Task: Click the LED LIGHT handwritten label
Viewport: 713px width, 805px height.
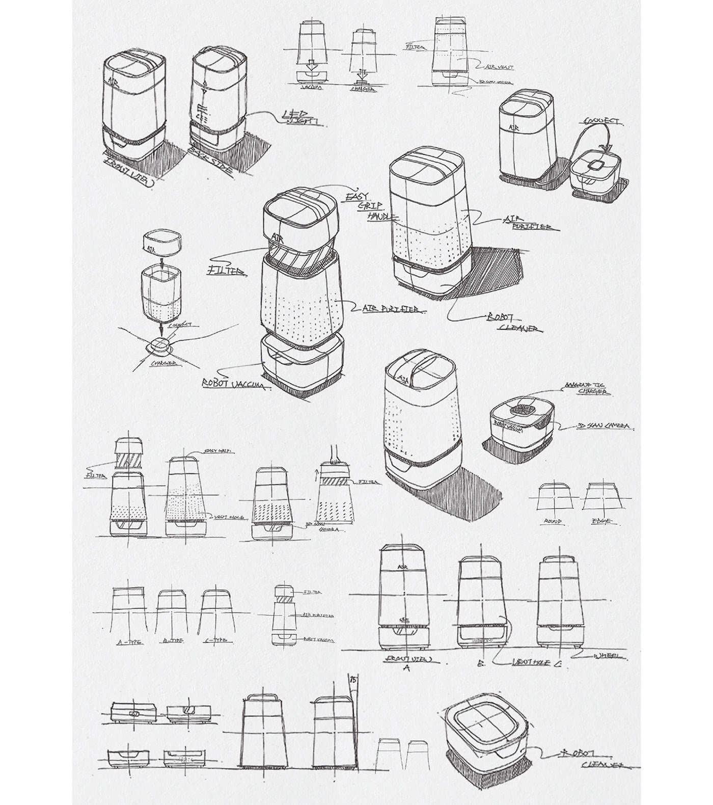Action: point(301,118)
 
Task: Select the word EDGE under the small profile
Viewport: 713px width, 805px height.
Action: point(601,522)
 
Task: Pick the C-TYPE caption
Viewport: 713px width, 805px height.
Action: point(214,640)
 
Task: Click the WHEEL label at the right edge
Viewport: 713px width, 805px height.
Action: point(609,657)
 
